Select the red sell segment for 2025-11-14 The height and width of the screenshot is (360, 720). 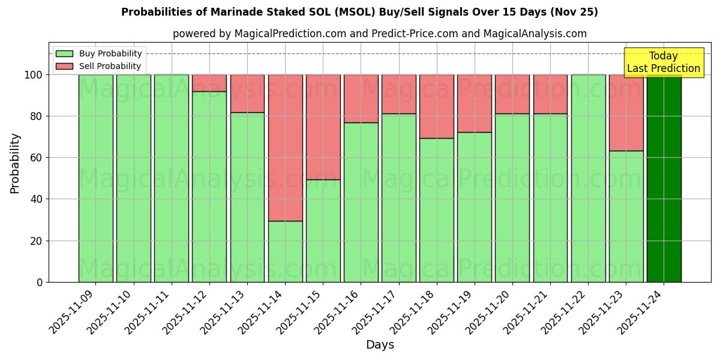[285, 148]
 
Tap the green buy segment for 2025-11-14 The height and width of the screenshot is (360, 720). [285, 251]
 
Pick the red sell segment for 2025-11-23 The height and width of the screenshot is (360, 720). [626, 113]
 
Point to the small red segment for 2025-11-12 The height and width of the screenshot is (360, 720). [209, 83]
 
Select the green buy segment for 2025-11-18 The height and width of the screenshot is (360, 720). [437, 210]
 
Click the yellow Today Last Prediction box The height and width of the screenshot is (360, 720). [663, 62]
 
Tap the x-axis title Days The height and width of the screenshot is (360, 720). [380, 345]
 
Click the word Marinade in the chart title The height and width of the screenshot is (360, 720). [250, 12]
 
